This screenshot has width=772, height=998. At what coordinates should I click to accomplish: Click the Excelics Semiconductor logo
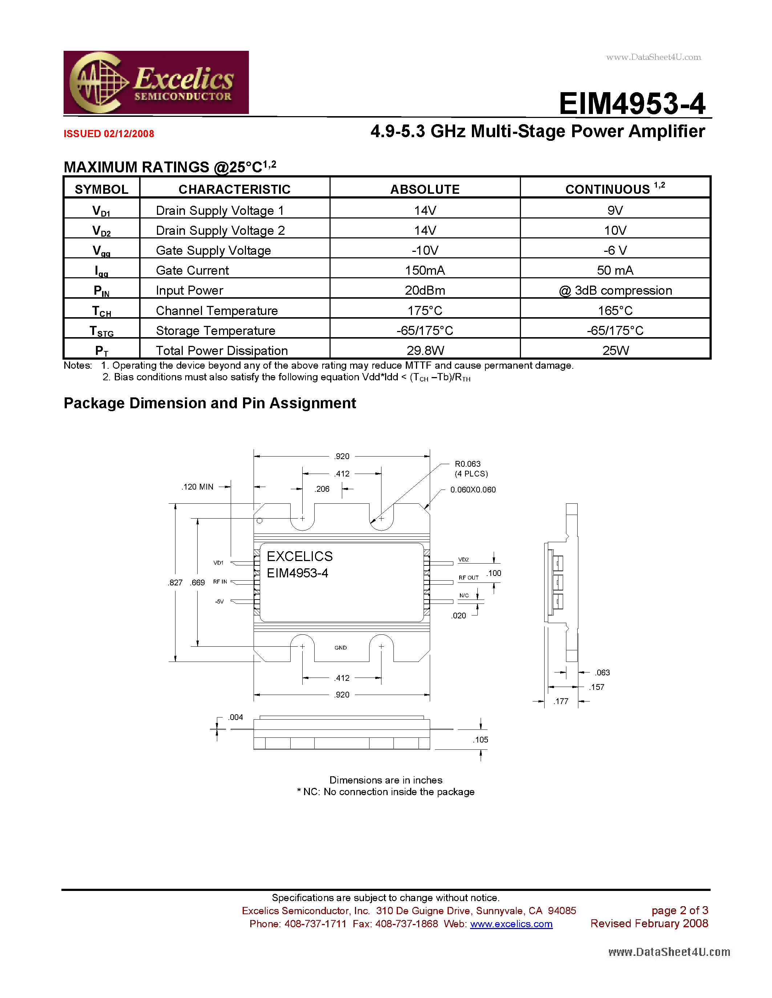(x=156, y=82)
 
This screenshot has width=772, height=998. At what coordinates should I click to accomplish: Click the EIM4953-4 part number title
(x=632, y=104)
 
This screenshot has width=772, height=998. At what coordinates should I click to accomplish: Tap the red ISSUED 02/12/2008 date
(x=109, y=134)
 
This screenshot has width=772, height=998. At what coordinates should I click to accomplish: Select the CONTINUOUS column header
(x=615, y=188)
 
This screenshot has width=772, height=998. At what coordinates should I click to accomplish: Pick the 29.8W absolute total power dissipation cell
(x=425, y=351)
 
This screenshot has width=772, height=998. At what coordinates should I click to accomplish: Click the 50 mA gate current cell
(x=615, y=270)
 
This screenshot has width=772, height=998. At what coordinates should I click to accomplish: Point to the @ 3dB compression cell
(x=615, y=291)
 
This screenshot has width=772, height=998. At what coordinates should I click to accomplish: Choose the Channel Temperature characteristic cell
(x=217, y=311)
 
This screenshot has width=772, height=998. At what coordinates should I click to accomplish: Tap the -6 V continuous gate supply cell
(x=615, y=250)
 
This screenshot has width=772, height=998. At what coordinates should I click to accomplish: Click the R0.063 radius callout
(x=468, y=464)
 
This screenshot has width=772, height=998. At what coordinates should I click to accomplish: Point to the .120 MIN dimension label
(x=198, y=487)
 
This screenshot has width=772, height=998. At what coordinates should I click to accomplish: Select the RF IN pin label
(x=220, y=582)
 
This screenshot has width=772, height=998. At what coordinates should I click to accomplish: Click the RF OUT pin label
(x=468, y=578)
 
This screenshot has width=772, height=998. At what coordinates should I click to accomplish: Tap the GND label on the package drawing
(x=340, y=647)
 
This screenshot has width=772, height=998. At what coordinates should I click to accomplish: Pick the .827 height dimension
(x=175, y=582)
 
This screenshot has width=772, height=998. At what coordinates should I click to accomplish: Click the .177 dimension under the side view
(x=561, y=702)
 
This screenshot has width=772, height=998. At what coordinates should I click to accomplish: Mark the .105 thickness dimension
(x=481, y=740)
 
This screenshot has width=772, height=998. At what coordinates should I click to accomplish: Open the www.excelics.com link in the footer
(x=511, y=924)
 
